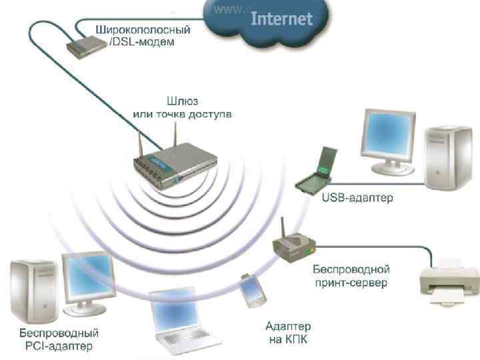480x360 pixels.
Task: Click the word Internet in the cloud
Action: click(281, 19)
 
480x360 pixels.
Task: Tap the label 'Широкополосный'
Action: click(143, 30)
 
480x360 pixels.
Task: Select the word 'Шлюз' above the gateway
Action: click(181, 102)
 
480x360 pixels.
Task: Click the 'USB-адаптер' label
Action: click(357, 198)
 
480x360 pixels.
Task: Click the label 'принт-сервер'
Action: click(351, 283)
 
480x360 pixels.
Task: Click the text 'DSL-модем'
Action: click(142, 42)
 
